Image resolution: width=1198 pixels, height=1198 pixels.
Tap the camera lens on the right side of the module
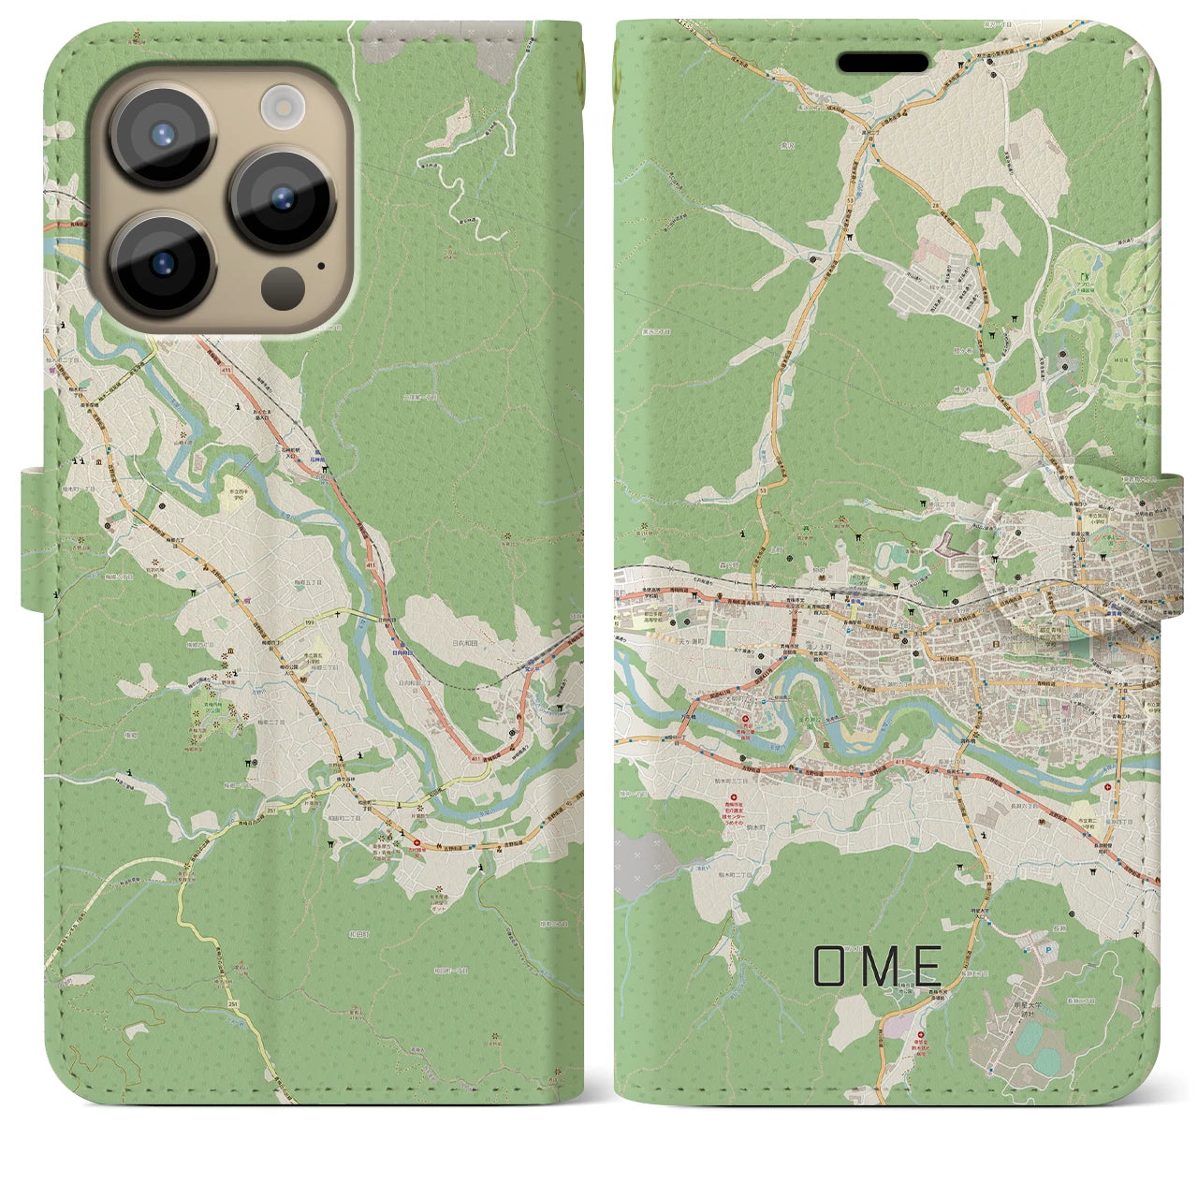point(283,197)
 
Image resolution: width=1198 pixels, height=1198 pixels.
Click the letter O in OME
point(830,966)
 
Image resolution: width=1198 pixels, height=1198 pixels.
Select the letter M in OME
point(880,966)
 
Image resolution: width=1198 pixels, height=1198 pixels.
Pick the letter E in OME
point(926,966)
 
